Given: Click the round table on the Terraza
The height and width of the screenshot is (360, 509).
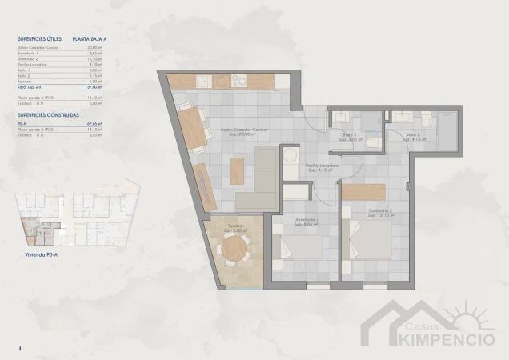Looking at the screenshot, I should click(234, 251).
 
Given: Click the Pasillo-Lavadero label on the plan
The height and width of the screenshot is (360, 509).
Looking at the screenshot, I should click(323, 167).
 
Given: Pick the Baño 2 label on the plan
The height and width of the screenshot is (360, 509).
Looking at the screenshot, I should click(414, 137).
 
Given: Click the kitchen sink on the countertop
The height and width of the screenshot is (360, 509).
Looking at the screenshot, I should click(202, 81).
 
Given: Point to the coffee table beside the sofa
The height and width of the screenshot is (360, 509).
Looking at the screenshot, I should click(237, 170).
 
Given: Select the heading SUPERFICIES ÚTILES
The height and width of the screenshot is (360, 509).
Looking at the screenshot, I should click(39, 38).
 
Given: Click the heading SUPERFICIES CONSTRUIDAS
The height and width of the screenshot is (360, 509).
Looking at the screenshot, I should click(47, 115).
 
